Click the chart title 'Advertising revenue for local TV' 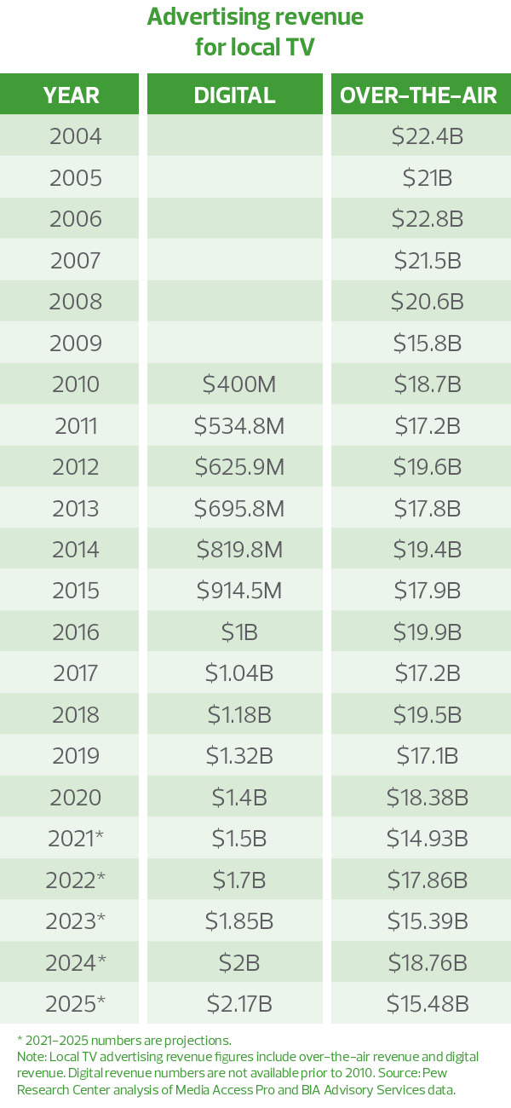tap(255, 32)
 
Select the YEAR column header tap(71, 95)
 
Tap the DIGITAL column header tap(235, 95)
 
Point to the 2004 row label tap(76, 136)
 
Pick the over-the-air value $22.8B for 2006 tap(428, 219)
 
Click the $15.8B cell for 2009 tap(428, 343)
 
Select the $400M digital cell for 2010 tap(235, 384)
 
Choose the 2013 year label tap(76, 509)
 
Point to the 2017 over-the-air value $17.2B tap(428, 673)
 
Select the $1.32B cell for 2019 tap(238, 756)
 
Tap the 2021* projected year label tap(77, 839)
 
